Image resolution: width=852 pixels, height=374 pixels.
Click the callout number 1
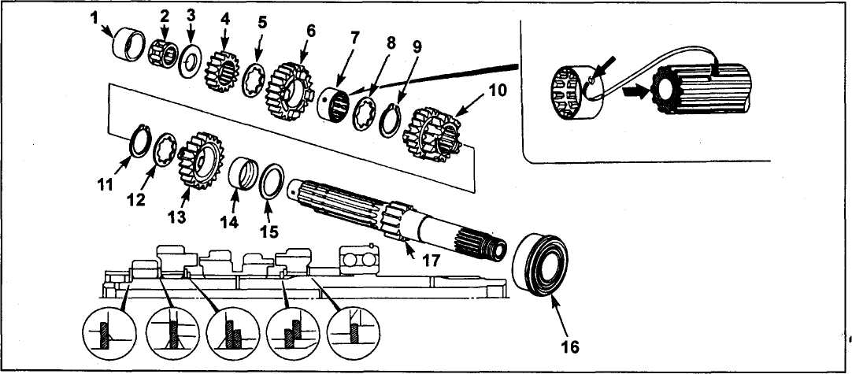pos(95,18)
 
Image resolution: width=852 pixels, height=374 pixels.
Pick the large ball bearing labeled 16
pos(538,261)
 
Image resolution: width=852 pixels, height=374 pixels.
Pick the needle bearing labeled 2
pos(163,53)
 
